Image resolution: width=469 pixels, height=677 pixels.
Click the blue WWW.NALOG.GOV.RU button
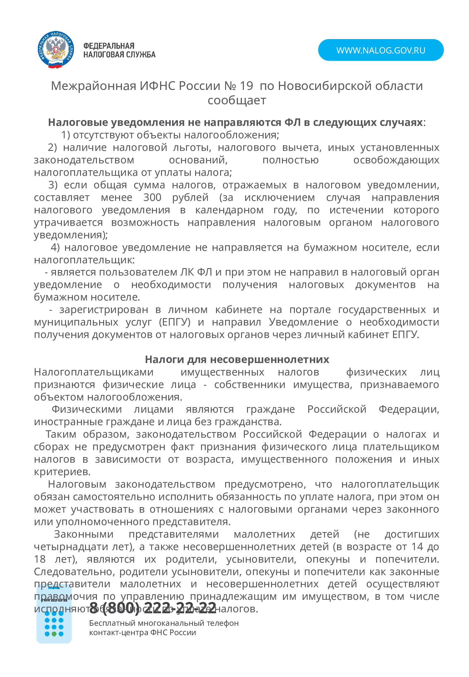(x=381, y=50)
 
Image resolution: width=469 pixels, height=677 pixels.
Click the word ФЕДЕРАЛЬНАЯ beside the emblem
(x=109, y=46)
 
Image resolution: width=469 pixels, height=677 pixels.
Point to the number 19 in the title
(x=246, y=86)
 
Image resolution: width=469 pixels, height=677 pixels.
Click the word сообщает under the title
(x=237, y=100)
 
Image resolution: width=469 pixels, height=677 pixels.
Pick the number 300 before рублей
(x=152, y=197)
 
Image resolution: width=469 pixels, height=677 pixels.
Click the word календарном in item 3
(x=229, y=210)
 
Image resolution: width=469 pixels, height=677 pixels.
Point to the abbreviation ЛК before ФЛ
(x=187, y=272)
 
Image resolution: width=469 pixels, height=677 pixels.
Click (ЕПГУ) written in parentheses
(x=174, y=322)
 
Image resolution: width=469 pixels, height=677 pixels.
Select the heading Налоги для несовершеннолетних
(x=237, y=360)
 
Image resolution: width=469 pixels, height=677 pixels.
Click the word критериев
(x=62, y=472)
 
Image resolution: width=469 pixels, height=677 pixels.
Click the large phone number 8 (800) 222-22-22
(x=153, y=608)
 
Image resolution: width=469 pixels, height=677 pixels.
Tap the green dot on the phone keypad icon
(x=54, y=634)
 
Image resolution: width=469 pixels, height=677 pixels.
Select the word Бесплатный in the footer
(x=112, y=623)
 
